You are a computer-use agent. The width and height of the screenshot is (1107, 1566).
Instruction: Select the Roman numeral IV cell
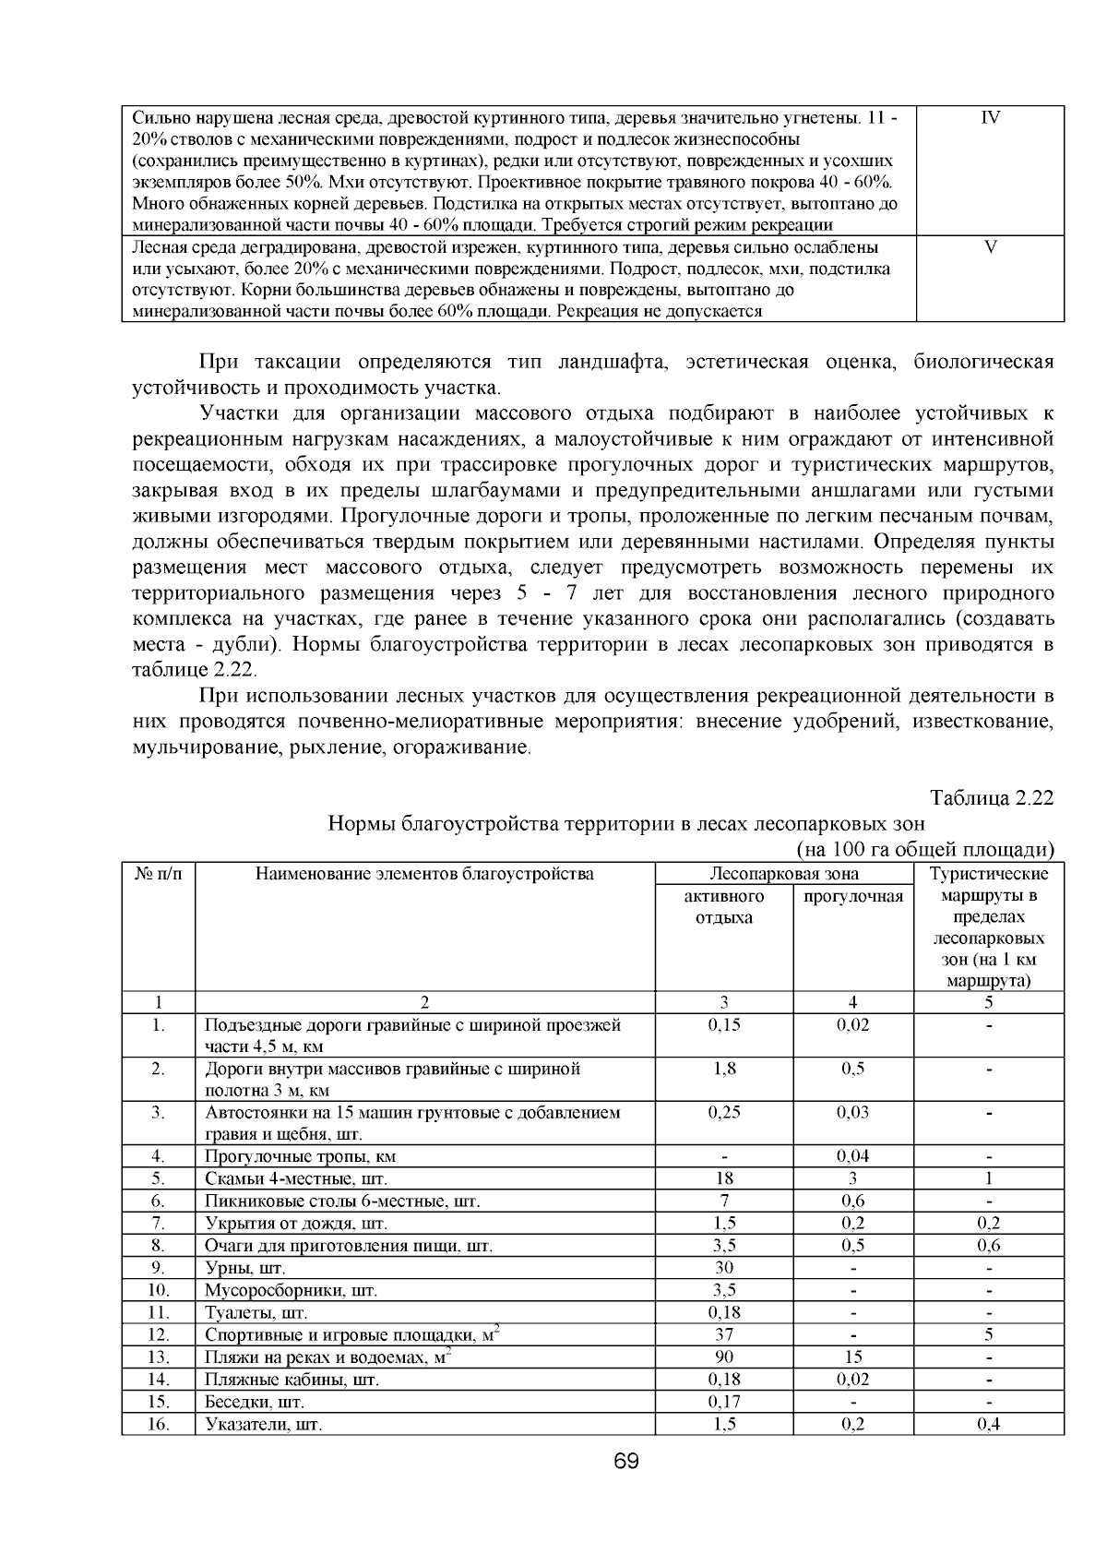point(990,118)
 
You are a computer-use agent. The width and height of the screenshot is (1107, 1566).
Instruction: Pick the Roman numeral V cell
point(990,248)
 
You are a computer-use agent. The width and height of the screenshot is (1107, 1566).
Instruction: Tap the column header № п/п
point(158,874)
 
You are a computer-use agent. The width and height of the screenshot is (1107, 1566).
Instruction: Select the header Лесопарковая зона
point(783,874)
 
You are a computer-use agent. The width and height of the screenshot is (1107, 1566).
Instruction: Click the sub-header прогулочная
point(853,896)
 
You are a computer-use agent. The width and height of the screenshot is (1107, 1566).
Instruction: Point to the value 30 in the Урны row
point(724,1268)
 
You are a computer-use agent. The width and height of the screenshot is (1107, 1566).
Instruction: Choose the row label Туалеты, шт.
point(256,1312)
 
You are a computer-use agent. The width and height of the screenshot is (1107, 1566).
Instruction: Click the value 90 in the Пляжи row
point(724,1357)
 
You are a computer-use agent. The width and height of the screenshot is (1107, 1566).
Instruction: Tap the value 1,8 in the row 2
point(724,1069)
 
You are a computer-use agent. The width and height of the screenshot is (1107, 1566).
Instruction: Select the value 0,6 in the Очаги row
point(989,1246)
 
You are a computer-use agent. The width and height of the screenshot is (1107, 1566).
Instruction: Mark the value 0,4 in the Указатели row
point(989,1423)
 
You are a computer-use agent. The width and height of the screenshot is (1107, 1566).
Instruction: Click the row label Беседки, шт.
point(255,1401)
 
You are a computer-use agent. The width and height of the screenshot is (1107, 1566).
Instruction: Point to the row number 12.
point(159,1334)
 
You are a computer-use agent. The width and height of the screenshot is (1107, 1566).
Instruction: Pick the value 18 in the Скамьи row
point(724,1178)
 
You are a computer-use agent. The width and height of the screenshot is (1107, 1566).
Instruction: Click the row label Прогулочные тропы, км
point(301,1156)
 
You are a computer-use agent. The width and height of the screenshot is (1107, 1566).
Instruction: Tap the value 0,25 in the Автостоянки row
point(724,1113)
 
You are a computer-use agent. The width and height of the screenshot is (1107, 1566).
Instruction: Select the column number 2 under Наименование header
point(424,1003)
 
